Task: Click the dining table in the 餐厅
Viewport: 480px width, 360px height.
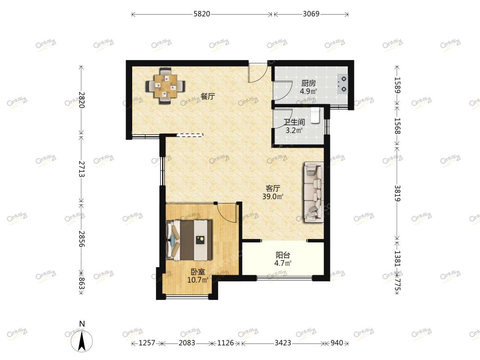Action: tap(165, 85)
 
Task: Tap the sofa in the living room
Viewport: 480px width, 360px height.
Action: tap(314, 192)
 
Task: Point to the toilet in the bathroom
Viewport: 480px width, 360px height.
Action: tap(315, 115)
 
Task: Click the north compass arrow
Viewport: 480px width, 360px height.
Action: tap(82, 341)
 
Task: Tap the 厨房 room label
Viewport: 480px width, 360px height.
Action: tap(308, 83)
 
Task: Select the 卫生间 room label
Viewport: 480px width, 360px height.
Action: tap(294, 122)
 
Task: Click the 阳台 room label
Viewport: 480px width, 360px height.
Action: tap(283, 255)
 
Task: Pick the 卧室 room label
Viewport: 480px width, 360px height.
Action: tap(198, 271)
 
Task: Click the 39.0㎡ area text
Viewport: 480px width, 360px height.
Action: tap(272, 196)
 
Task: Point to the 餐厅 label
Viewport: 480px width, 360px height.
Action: tap(208, 97)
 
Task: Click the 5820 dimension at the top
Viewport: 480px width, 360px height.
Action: tap(202, 14)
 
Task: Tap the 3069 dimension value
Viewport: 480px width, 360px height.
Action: tap(311, 14)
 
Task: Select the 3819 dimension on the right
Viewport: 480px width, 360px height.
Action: tap(397, 193)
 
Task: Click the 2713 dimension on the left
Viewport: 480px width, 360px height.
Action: tap(82, 169)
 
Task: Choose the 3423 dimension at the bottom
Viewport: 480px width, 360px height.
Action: tap(283, 343)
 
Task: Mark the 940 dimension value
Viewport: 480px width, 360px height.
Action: tap(337, 343)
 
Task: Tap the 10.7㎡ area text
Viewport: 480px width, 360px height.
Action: tap(198, 279)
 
